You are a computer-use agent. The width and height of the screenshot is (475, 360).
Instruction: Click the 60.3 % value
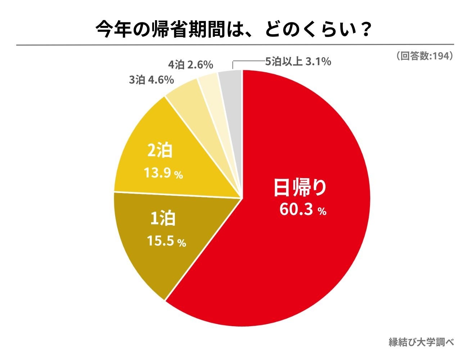[x=303, y=210]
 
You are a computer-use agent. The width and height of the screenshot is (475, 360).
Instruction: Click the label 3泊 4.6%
[x=151, y=80]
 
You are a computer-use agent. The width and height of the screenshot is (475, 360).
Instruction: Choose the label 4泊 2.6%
[x=191, y=65]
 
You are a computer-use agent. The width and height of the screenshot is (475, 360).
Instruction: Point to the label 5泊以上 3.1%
[x=298, y=62]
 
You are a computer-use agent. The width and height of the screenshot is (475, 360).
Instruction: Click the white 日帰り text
[x=300, y=188]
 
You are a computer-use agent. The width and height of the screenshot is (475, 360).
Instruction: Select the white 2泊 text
[x=160, y=150]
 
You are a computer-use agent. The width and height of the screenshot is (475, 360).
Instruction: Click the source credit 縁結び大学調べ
[x=421, y=342]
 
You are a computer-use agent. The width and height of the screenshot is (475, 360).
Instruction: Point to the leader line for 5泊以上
[x=248, y=62]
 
